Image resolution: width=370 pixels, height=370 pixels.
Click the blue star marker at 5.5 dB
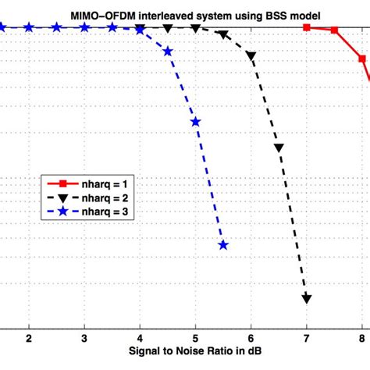223,245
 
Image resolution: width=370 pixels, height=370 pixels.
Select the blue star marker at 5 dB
196,122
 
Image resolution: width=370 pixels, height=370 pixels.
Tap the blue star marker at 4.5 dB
168,52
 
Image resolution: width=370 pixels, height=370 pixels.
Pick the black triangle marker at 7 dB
307,298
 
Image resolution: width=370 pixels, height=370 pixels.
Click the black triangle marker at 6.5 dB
279,147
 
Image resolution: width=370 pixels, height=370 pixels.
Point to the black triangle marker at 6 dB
251,56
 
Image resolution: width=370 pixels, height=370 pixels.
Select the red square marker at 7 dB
307,27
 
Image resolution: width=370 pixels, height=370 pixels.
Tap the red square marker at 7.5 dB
335,30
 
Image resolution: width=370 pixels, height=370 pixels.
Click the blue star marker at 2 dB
29,27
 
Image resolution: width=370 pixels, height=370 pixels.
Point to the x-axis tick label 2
29,338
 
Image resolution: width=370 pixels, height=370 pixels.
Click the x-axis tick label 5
196,338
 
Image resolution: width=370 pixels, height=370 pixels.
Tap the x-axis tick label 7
307,338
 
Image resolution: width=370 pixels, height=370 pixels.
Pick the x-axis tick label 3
84,338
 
